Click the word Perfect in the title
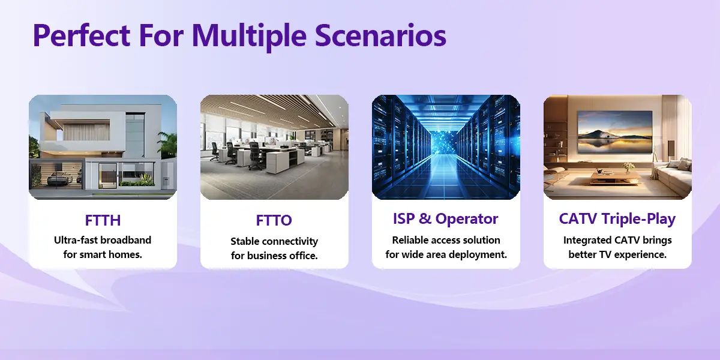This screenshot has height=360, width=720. [82, 35]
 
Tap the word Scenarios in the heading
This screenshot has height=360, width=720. [380, 35]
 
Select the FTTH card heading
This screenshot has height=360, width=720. [103, 221]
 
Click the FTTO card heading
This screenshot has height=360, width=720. [274, 221]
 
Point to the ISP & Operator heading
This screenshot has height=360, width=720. [445, 219]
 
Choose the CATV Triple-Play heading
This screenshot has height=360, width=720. [617, 219]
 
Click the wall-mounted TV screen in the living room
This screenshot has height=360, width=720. [615, 132]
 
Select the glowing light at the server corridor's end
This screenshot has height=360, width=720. [445, 142]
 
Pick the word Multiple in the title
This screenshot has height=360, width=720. [249, 35]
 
